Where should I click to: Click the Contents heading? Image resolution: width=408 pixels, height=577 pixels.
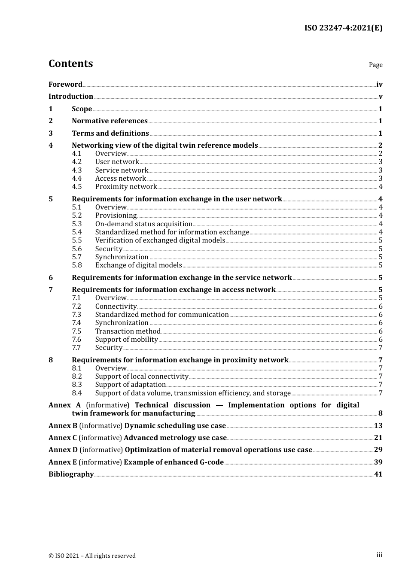(70, 64)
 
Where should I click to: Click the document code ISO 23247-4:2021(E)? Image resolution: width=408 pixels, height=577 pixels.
(343, 28)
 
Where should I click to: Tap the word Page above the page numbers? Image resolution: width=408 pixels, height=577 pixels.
(375, 65)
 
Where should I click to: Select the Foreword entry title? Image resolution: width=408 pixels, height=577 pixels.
(65, 85)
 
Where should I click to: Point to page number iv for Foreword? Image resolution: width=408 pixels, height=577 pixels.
(379, 85)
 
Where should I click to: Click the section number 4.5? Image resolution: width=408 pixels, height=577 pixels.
(77, 187)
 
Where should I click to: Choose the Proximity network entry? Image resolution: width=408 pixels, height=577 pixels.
(126, 187)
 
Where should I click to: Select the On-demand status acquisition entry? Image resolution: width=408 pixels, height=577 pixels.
(143, 224)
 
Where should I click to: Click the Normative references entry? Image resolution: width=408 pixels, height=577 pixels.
(110, 121)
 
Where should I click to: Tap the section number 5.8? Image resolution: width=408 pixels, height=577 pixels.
(77, 265)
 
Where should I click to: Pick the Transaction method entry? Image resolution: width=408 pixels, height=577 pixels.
(128, 331)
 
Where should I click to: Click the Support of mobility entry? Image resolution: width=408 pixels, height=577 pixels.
(126, 340)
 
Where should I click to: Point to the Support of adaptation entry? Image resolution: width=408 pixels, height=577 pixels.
(130, 385)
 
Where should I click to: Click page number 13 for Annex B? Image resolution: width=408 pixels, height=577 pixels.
(378, 426)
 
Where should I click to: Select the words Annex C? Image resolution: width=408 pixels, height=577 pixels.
(63, 438)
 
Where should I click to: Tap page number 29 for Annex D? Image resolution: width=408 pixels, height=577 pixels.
(378, 450)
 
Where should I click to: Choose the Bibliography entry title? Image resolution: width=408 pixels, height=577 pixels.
(71, 474)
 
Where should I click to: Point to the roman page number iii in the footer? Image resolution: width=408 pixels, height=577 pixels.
(379, 555)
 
